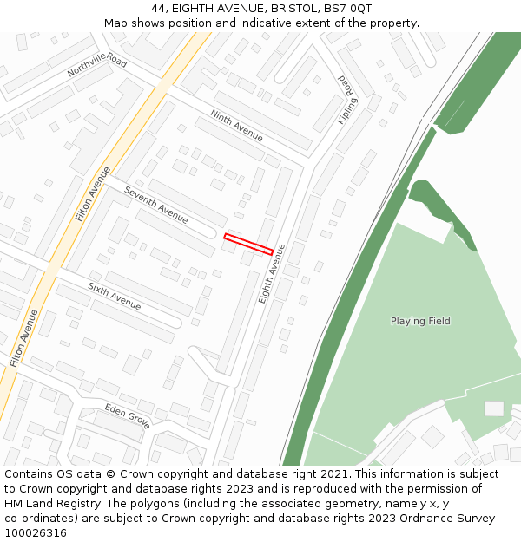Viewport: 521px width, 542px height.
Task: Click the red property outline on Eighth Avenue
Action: click(248, 244)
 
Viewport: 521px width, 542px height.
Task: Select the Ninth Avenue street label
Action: click(236, 126)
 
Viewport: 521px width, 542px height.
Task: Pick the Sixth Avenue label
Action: click(114, 296)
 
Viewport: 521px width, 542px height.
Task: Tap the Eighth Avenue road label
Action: click(272, 273)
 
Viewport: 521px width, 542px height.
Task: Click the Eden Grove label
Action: click(128, 415)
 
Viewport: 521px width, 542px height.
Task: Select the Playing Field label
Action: click(420, 321)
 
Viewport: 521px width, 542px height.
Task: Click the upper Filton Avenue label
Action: click(92, 193)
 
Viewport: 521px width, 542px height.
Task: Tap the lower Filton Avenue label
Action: click(24, 336)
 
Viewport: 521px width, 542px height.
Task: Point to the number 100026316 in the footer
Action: click(36, 533)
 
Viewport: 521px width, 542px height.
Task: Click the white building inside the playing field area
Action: click(493, 408)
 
